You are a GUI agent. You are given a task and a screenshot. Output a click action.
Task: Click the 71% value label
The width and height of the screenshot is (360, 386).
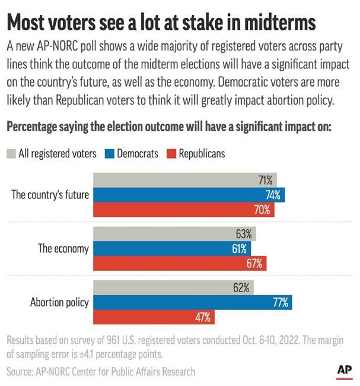pos(266,180)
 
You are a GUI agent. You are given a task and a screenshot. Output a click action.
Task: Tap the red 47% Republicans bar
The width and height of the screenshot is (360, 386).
pos(154,317)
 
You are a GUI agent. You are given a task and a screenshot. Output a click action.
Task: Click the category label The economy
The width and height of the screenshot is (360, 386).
pos(63,249)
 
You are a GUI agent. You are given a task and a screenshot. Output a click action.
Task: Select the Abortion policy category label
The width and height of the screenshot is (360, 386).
pos(59,302)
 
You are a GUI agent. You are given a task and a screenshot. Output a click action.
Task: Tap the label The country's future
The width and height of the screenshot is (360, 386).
pos(50,195)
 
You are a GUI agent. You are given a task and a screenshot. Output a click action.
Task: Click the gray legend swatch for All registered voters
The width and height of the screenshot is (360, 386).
pos(11,154)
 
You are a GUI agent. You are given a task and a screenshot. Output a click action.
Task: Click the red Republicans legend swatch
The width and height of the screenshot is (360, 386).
pos(171,154)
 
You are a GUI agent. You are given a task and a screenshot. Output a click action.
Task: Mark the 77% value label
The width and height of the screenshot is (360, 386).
pos(280,302)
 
